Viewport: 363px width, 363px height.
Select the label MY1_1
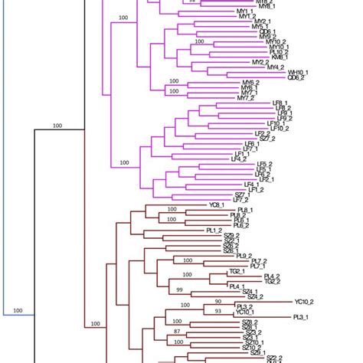[x=247, y=16]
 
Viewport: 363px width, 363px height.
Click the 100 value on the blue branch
[x=17, y=311]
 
